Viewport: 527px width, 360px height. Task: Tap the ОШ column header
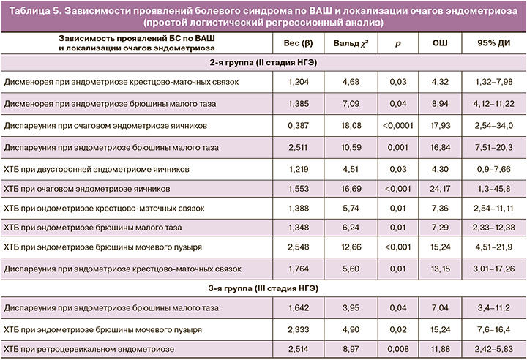point(440,44)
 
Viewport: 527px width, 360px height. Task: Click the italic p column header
point(397,44)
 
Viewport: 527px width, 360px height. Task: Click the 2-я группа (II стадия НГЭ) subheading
point(263,64)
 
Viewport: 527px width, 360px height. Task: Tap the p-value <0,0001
point(397,126)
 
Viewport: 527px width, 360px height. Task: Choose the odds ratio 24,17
point(440,189)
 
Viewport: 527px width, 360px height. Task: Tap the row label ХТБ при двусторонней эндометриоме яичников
point(96,168)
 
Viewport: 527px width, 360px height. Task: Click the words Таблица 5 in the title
point(35,11)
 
